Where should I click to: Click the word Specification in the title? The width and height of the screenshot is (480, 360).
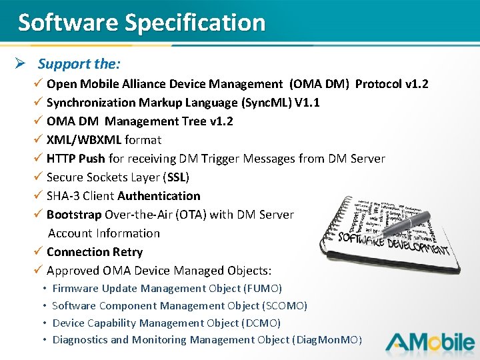[195, 23]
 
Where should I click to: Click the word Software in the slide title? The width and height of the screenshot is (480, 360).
[67, 23]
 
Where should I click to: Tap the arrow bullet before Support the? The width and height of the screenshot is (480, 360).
[20, 64]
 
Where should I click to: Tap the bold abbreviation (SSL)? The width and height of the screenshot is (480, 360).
[178, 177]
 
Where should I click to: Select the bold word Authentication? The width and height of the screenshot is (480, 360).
[159, 196]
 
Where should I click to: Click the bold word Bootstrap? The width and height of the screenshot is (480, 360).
[74, 215]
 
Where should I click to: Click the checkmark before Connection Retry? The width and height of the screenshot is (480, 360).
[39, 252]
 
